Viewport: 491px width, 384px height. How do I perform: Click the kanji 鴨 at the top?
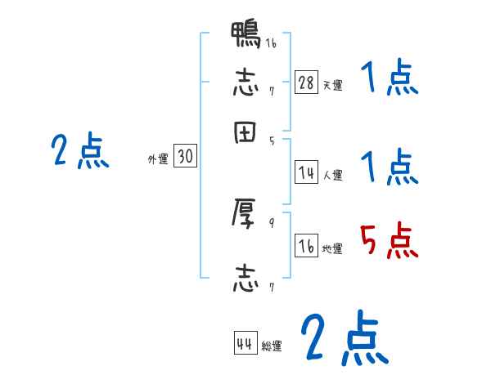coord(246,38)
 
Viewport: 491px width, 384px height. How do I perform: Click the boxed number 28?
coord(306,82)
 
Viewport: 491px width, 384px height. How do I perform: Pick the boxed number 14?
coord(306,172)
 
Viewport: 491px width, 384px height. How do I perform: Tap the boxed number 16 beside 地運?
coord(306,246)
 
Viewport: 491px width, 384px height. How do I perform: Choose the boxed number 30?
coord(185,157)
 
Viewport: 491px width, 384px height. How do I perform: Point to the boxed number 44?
coord(245,344)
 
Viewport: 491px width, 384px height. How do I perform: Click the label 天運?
coord(332,85)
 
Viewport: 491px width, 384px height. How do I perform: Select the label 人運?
coord(332,175)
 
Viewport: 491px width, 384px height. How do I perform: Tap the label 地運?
coord(332,249)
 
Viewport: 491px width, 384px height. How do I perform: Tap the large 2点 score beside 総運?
coord(344,338)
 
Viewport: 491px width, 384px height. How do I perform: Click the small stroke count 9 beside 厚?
coord(272,221)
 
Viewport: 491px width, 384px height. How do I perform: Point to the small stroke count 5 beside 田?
coord(272,141)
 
